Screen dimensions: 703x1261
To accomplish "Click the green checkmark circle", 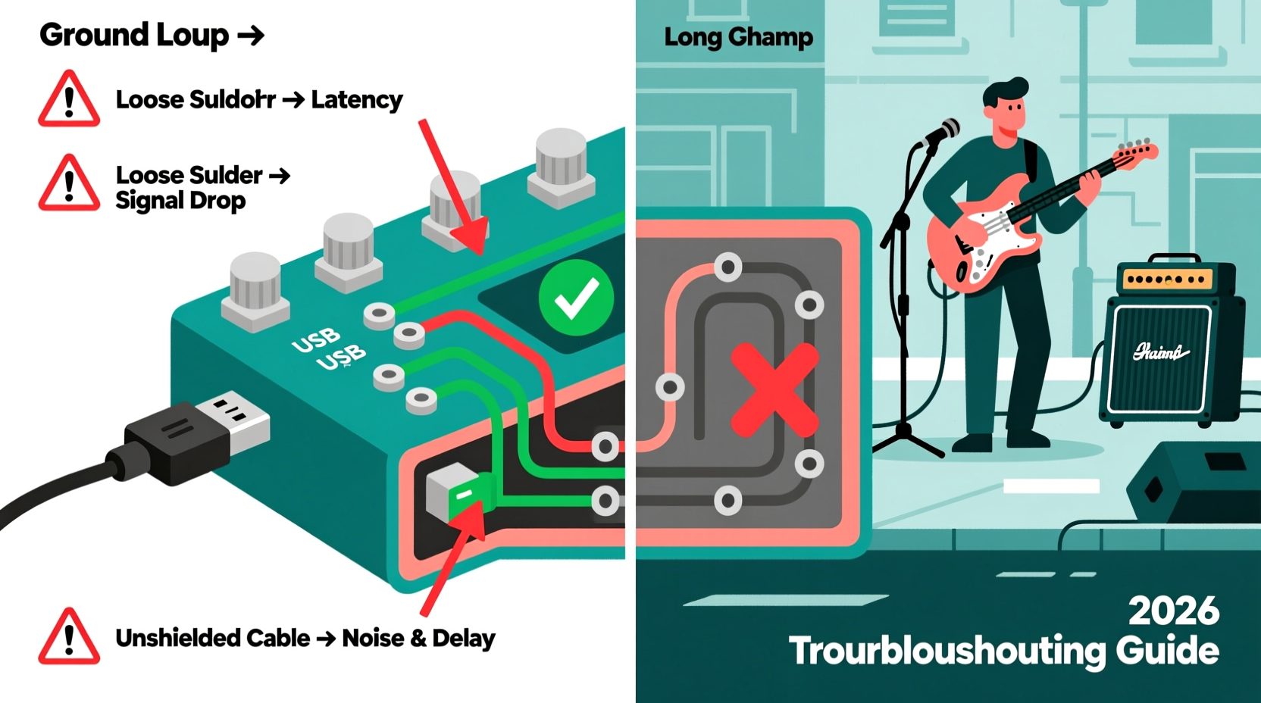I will point(576,298).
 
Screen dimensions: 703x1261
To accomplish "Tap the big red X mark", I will point(774,390).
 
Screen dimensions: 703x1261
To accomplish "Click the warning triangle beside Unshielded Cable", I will point(69,638).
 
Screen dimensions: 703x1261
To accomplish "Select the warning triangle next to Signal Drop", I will point(69,184).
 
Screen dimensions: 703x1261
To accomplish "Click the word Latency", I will point(357,100).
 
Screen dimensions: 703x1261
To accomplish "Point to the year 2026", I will point(1173,611).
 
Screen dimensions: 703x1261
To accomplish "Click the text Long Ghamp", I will point(738,37).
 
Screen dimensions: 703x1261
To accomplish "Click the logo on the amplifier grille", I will point(1159,352).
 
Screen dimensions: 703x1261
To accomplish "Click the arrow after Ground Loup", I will point(250,36).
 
